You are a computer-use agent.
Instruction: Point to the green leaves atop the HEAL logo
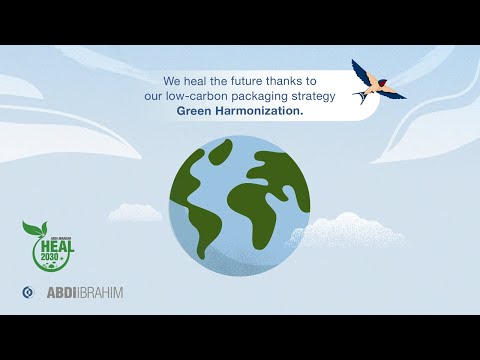[34, 228]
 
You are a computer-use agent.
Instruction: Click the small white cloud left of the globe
[136, 212]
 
